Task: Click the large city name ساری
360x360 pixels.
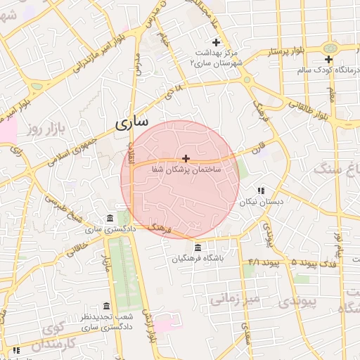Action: tap(131, 124)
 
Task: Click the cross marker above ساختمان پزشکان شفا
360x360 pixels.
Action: tap(186, 158)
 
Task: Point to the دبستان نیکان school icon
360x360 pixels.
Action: tap(261, 191)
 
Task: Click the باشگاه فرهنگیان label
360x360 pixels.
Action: tap(198, 259)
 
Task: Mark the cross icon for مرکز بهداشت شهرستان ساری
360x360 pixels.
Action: tap(217, 43)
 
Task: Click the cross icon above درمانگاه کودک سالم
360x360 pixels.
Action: tap(328, 59)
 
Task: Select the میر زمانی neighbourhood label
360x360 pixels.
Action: tap(234, 300)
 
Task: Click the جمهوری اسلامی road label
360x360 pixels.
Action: tap(73, 149)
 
